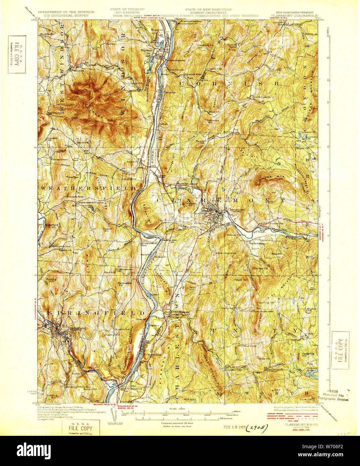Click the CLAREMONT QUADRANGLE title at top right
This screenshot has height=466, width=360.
pyautogui.click(x=294, y=15)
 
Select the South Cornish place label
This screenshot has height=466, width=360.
pyautogui.click(x=261, y=97)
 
